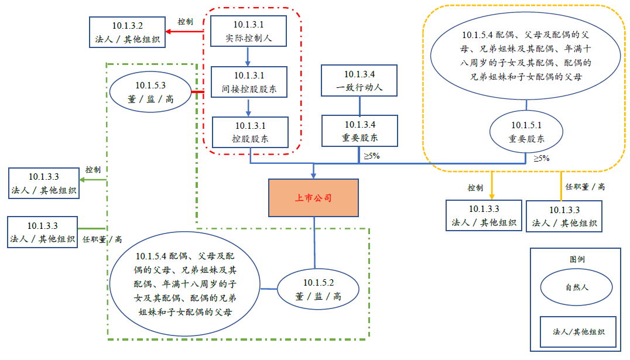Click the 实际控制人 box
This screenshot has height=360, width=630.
[248, 32]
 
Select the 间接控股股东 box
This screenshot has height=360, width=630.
[249, 82]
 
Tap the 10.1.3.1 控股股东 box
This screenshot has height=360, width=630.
[250, 132]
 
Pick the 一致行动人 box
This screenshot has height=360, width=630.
[359, 81]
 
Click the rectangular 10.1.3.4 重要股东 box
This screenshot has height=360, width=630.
[359, 131]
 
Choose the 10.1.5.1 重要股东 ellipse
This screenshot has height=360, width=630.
[526, 132]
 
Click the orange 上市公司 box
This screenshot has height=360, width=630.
[313, 198]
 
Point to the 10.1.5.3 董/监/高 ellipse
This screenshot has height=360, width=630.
[150, 92]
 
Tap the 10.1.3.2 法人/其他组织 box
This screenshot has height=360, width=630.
[127, 33]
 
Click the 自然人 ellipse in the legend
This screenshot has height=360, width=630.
[576, 287]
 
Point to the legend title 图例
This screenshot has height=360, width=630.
[577, 259]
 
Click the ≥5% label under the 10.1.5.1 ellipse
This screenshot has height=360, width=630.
[541, 158]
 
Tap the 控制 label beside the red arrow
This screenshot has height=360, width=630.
[186, 22]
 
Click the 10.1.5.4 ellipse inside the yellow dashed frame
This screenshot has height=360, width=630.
[526, 56]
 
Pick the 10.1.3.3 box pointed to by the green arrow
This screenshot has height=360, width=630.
[43, 183]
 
